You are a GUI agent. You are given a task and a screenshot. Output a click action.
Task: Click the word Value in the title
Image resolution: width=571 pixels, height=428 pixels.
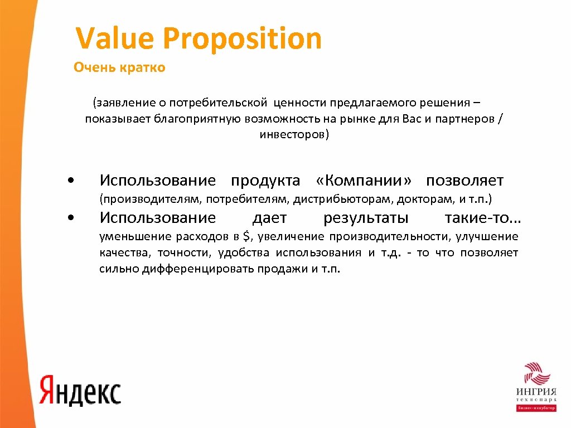click(115, 39)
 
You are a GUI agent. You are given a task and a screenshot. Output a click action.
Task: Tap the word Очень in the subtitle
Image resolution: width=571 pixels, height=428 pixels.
click(93, 68)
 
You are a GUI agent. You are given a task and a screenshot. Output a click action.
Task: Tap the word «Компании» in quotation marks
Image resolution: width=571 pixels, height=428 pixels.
click(364, 181)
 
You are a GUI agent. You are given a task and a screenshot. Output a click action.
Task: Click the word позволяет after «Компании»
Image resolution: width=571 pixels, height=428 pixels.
click(464, 181)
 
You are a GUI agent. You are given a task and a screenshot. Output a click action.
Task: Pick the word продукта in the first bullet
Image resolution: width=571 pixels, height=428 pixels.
click(265, 181)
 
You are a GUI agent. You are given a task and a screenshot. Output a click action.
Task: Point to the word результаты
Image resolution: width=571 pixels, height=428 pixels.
click(366, 217)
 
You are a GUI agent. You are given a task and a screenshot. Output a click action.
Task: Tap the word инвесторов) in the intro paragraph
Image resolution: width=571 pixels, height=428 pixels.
click(294, 135)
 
